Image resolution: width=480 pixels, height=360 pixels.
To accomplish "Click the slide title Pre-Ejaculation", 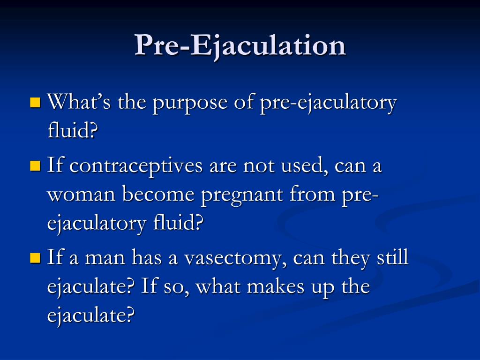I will point(240,46).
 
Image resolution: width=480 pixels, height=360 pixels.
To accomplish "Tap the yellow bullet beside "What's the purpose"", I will point(35,102).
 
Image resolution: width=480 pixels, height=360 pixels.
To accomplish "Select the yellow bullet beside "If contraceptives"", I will point(35,165).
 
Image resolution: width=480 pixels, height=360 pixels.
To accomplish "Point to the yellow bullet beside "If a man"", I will point(35,257).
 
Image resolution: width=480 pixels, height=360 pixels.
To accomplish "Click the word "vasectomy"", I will point(233,259).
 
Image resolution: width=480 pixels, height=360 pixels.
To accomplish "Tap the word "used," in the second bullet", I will point(300,166).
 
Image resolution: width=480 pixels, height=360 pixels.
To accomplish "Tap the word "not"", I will point(258,166).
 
